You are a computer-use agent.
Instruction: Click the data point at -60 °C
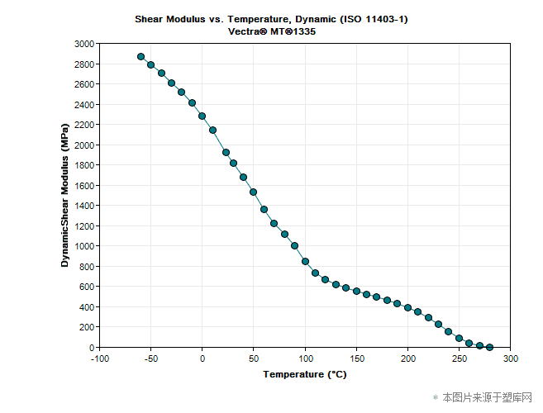(x=141, y=57)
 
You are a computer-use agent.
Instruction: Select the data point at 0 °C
(x=202, y=116)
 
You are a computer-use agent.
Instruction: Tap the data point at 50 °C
(x=254, y=192)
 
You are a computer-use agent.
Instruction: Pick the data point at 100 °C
(x=305, y=262)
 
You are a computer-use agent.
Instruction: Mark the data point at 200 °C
(x=407, y=307)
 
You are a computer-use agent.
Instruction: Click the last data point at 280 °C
(x=489, y=347)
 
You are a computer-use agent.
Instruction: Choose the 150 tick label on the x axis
(x=356, y=358)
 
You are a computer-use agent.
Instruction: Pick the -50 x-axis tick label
(x=150, y=358)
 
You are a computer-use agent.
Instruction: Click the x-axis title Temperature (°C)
(x=305, y=374)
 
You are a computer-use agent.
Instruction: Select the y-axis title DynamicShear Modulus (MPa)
(x=65, y=196)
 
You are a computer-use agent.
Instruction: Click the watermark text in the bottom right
(x=488, y=397)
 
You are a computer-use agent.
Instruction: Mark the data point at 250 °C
(x=459, y=338)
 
